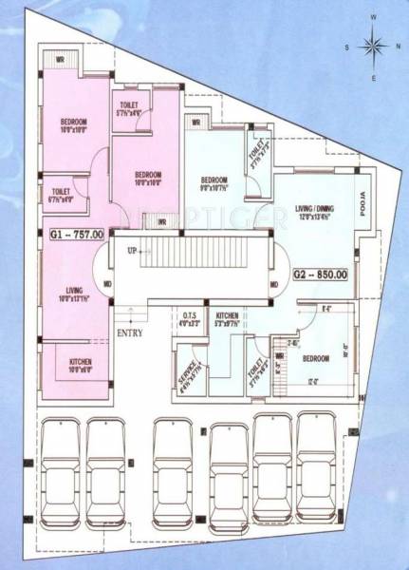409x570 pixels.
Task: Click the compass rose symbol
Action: tap(375, 47)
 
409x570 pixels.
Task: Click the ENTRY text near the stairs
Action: tap(129, 333)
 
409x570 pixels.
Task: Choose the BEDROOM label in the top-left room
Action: tap(74, 123)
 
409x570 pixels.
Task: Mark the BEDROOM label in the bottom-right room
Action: tap(315, 359)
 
